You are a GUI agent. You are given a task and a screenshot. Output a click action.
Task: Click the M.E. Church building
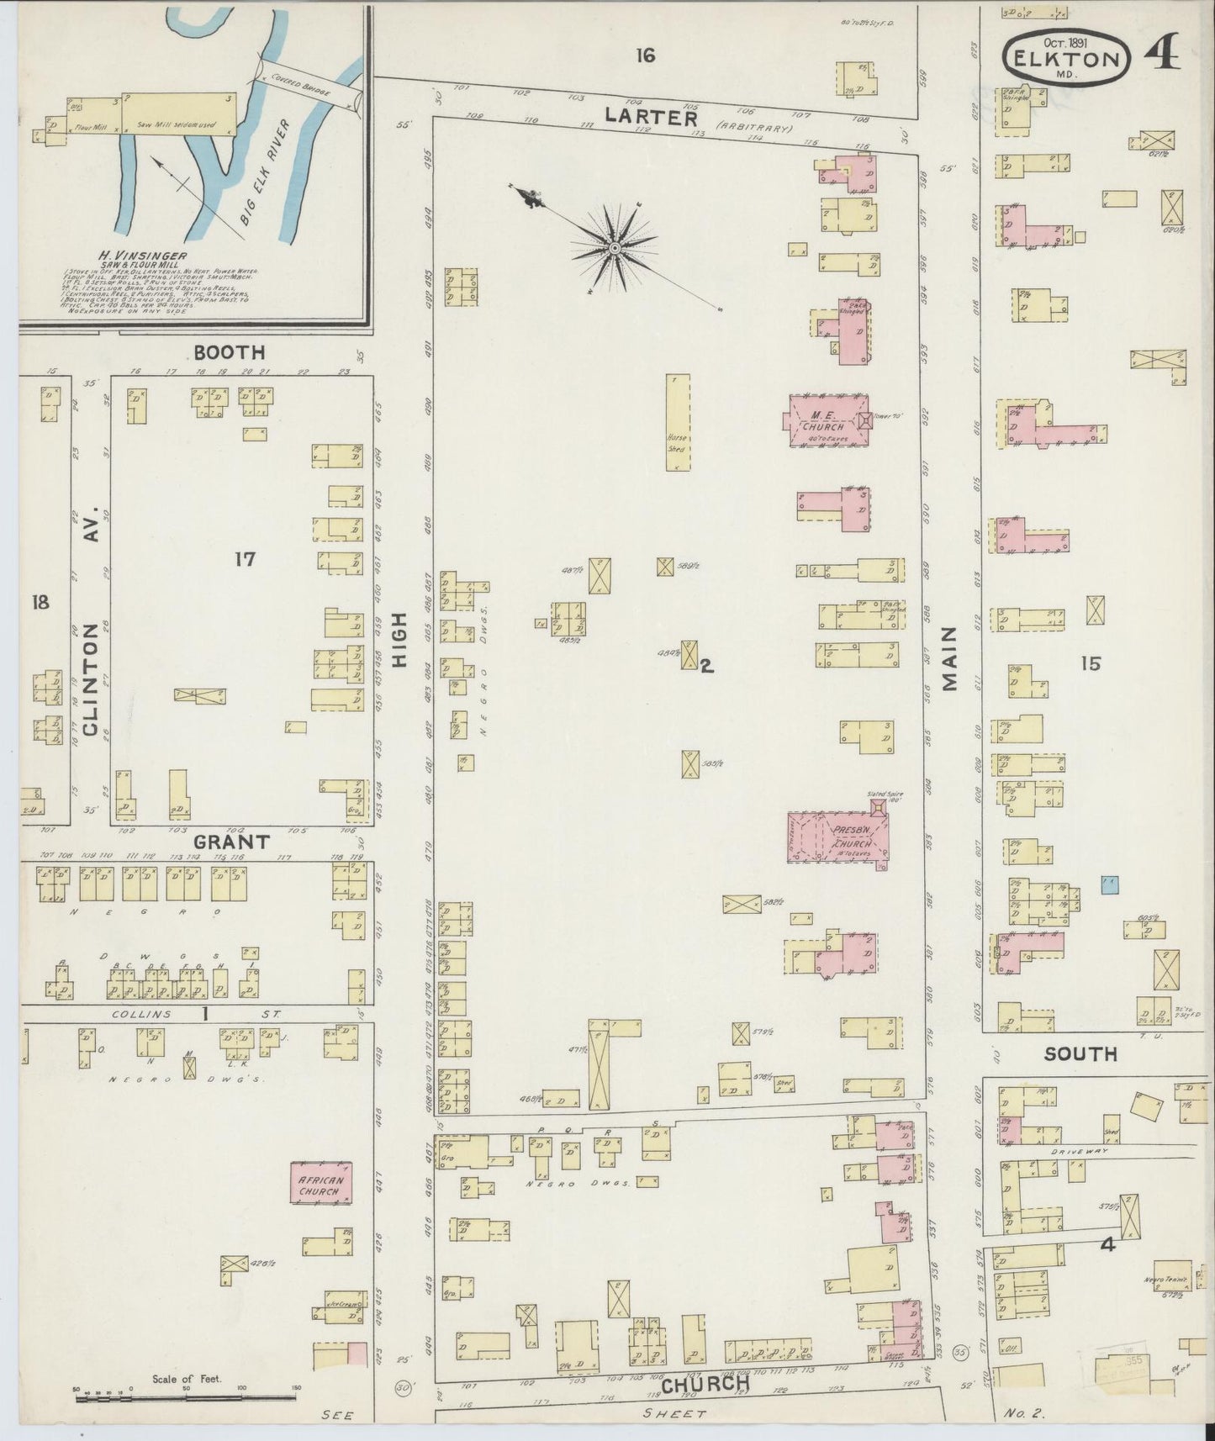828,420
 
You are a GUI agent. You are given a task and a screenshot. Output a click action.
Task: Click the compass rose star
615,247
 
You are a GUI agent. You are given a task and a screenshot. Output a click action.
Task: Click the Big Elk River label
262,172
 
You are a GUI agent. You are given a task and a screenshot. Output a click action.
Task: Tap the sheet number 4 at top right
1163,52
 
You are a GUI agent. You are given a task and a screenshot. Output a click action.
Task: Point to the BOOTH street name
229,352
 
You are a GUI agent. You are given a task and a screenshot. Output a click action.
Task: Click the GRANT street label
231,841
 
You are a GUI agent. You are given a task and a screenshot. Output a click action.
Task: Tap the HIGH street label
399,640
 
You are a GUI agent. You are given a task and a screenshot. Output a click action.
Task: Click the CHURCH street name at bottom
694,1383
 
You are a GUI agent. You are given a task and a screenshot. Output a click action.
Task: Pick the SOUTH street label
1080,1053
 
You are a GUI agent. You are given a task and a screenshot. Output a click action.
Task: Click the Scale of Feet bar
185,1397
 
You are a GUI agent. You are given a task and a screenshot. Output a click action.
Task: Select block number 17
245,558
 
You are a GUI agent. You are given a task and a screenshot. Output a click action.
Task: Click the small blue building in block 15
1110,884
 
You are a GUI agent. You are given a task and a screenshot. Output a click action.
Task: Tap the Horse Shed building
678,425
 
